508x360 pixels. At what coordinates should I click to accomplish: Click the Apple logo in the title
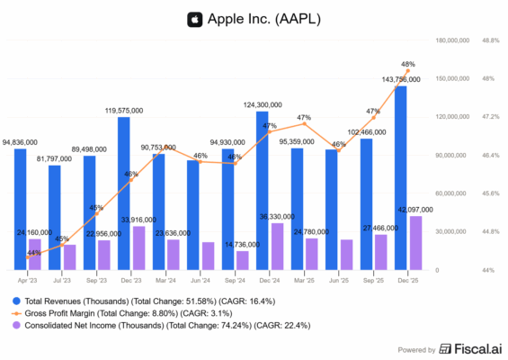point(193,18)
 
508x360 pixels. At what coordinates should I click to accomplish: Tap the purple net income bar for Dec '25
point(415,243)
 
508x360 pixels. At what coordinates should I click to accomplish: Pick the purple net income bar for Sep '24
point(242,260)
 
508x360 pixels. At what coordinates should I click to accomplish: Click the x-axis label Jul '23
point(60,282)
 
